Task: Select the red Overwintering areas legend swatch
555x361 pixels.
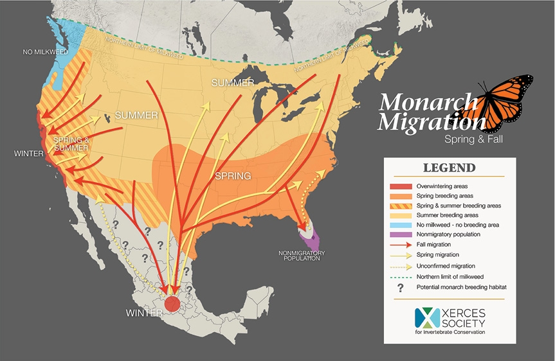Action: pyautogui.click(x=399, y=186)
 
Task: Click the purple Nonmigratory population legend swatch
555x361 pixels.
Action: pyautogui.click(x=399, y=234)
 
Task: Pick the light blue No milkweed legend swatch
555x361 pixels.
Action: pyautogui.click(x=399, y=225)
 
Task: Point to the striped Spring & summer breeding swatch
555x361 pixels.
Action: pyautogui.click(x=399, y=205)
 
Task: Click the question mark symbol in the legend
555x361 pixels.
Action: pyautogui.click(x=399, y=286)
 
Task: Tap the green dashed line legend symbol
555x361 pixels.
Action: pyautogui.click(x=399, y=276)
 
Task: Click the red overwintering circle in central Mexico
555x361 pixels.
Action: pyautogui.click(x=172, y=304)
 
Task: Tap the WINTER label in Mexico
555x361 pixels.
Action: pyautogui.click(x=144, y=314)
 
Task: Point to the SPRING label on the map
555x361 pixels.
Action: pyautogui.click(x=232, y=175)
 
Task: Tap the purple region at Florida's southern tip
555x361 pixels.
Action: pyautogui.click(x=312, y=241)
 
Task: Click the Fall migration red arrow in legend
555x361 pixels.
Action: pyautogui.click(x=399, y=245)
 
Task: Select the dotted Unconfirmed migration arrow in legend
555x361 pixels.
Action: pyautogui.click(x=399, y=265)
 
